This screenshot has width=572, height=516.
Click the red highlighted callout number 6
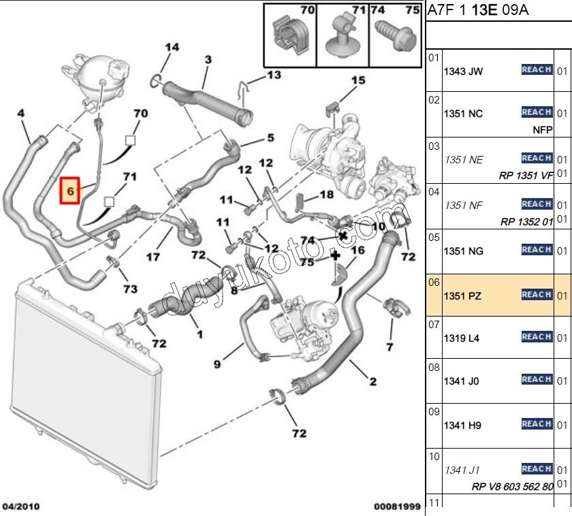tap(70, 193)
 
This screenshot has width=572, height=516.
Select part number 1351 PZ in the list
tap(464, 295)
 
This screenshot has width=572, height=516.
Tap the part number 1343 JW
tap(464, 71)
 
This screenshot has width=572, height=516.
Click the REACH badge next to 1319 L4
tap(537, 337)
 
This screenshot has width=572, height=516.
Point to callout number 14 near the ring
tap(172, 48)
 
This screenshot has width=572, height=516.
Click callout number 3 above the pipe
tap(208, 60)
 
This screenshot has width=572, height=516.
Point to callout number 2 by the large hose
tap(372, 382)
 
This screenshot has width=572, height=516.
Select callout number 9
tap(217, 364)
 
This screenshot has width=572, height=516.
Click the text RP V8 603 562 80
tap(512, 487)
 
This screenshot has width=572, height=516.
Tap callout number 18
tap(327, 195)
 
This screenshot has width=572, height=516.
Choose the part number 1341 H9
tap(463, 425)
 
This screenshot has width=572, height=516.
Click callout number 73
tap(130, 289)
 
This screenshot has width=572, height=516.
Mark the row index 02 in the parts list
tap(434, 100)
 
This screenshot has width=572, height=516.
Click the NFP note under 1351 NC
tap(542, 128)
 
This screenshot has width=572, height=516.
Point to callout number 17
tap(153, 257)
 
